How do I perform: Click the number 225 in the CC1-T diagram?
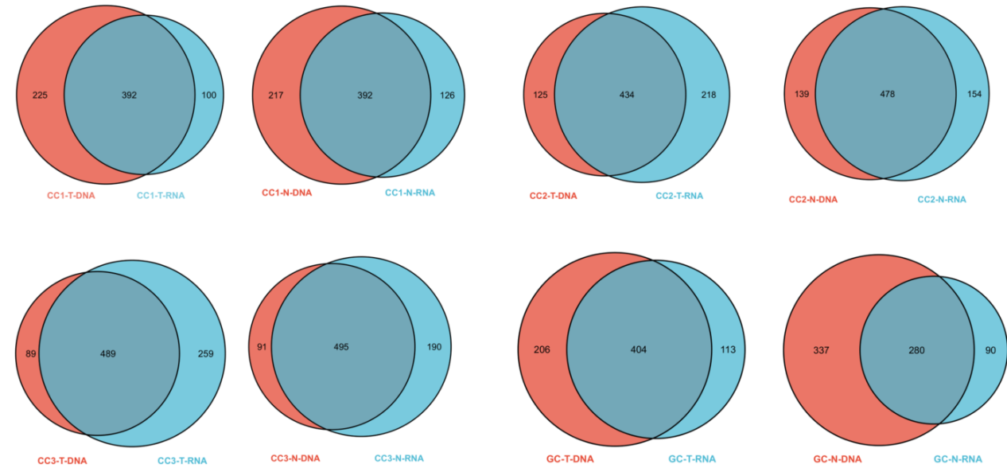40,96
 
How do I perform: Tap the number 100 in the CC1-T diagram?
208,96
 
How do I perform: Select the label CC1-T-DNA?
71,195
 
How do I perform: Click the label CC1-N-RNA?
410,193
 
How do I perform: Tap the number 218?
708,96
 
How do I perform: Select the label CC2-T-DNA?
553,196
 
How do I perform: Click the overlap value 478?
887,94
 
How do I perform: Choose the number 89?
30,353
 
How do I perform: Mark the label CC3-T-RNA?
182,461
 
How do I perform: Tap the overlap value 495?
341,347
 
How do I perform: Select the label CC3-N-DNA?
295,458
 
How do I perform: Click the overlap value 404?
639,349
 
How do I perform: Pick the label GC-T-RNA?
691,458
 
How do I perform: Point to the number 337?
822,349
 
